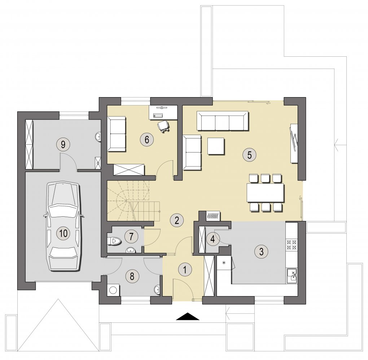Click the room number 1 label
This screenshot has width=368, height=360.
click(185, 269)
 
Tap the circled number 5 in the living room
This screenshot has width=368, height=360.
click(249, 155)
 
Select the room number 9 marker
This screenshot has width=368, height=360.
click(63, 144)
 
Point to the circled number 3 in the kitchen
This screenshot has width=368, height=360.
click(261, 252)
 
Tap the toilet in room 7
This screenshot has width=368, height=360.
click(114, 241)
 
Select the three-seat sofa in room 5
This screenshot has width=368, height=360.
click(222, 121)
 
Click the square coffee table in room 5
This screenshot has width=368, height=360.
click(216, 146)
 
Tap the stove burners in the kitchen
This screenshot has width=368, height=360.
click(292, 244)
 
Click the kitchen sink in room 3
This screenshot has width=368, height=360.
click(292, 275)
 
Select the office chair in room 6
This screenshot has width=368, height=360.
click(163, 127)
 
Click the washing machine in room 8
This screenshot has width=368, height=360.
click(113, 290)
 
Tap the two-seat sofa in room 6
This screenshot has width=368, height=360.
click(117, 134)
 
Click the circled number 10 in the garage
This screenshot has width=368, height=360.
click(63, 233)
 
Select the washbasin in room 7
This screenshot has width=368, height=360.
click(131, 250)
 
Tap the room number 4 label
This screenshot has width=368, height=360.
click(213, 239)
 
